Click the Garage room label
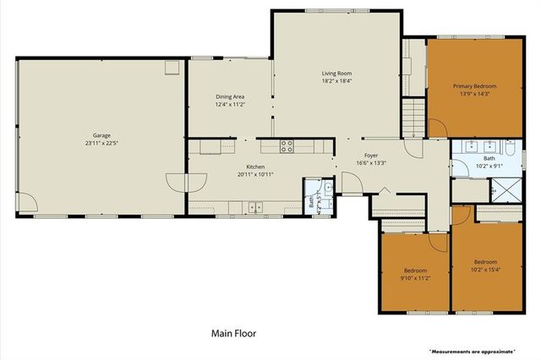(x=101, y=135)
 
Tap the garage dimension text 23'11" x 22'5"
(x=101, y=144)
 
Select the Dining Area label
(x=231, y=96)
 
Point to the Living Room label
(x=336, y=74)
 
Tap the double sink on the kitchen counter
(x=255, y=206)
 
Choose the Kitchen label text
(x=255, y=166)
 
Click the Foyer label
(x=371, y=155)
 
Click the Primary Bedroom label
(x=473, y=85)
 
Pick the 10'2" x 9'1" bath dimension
(x=489, y=166)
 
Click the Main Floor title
(x=232, y=333)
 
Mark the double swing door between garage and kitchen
(x=186, y=181)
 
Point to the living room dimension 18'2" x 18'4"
(x=336, y=82)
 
